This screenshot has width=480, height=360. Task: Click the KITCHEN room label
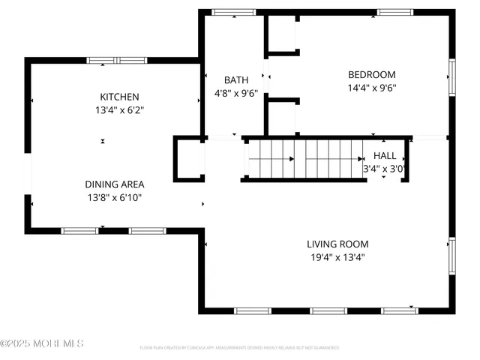pyautogui.click(x=120, y=97)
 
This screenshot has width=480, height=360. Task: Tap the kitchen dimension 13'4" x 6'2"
pyautogui.click(x=120, y=110)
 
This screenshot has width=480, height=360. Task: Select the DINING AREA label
pyautogui.click(x=114, y=184)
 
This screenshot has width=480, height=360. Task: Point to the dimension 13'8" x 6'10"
pyautogui.click(x=114, y=198)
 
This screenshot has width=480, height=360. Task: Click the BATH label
pyautogui.click(x=235, y=80)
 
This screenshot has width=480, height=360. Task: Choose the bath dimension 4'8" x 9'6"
pyautogui.click(x=235, y=94)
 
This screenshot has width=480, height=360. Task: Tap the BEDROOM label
pyautogui.click(x=371, y=74)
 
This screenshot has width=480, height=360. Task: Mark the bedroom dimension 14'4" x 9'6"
pyautogui.click(x=371, y=88)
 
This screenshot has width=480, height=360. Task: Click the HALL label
pyautogui.click(x=385, y=155)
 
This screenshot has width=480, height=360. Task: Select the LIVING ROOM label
pyautogui.click(x=337, y=244)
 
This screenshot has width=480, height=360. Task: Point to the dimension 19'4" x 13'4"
pyautogui.click(x=337, y=257)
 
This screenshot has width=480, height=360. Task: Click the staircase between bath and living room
pyautogui.click(x=304, y=158)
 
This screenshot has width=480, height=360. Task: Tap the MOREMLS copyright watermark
pyautogui.click(x=42, y=343)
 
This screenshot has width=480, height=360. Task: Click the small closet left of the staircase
pyautogui.click(x=189, y=158)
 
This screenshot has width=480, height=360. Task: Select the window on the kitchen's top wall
pyautogui.click(x=115, y=60)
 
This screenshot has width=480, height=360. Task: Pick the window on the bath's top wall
pyautogui.click(x=223, y=12)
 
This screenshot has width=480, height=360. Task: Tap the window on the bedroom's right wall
pyautogui.click(x=452, y=78)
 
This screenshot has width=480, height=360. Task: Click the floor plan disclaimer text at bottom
pyautogui.click(x=239, y=348)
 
